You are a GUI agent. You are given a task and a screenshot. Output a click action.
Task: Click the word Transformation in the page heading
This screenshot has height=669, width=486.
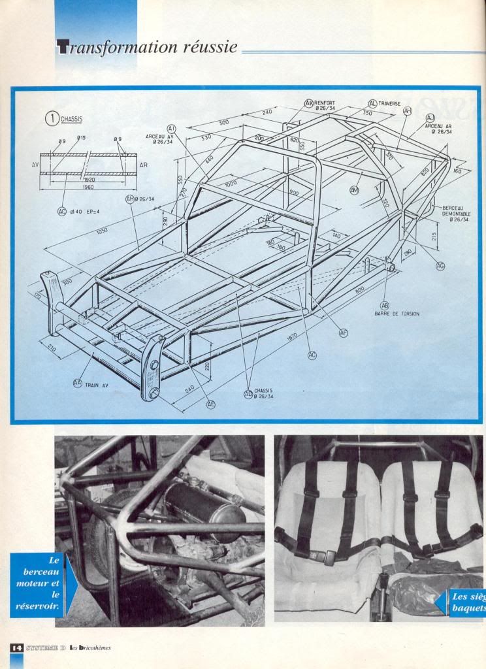coord(112,47)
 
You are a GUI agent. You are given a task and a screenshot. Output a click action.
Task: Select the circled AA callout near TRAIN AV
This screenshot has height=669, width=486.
coord(78,384)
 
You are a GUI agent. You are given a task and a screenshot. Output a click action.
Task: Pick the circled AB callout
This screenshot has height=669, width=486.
coord(385,305)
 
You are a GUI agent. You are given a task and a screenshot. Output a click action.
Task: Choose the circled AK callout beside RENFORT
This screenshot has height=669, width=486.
coord(309,103)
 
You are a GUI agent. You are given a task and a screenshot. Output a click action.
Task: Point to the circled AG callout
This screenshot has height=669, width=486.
coord(440,266)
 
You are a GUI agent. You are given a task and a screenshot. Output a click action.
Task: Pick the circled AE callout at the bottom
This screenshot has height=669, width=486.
coord(211,404)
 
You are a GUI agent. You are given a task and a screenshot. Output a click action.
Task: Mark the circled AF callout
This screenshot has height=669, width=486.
coord(344,333)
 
